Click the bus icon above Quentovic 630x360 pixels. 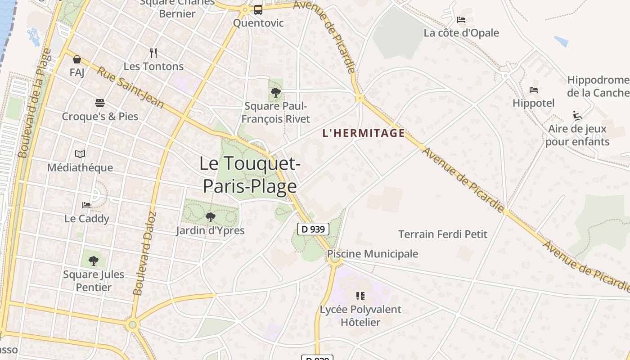[x=258, y=9]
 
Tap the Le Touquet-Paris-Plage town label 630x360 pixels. [x=250, y=175]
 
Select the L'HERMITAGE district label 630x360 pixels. [x=364, y=133]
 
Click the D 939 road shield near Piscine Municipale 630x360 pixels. [x=313, y=229]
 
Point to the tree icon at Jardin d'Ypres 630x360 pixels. [x=210, y=217]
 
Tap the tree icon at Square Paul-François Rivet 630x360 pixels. [x=276, y=93]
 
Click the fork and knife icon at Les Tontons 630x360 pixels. [x=153, y=53]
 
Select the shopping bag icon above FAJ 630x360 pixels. [x=77, y=59]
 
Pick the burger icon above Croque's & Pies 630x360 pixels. [x=100, y=103]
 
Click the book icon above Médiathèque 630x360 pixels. [x=80, y=154]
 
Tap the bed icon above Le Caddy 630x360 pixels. [x=86, y=205]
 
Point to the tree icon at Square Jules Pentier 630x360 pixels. [x=94, y=261]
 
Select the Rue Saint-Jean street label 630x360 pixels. [x=130, y=88]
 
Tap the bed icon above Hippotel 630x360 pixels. [x=534, y=90]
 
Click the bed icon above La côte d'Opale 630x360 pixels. [x=461, y=20]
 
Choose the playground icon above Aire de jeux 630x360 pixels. [x=577, y=116]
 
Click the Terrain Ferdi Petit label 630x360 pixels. [x=443, y=234]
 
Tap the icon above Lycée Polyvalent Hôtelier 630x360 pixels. [x=360, y=296]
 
